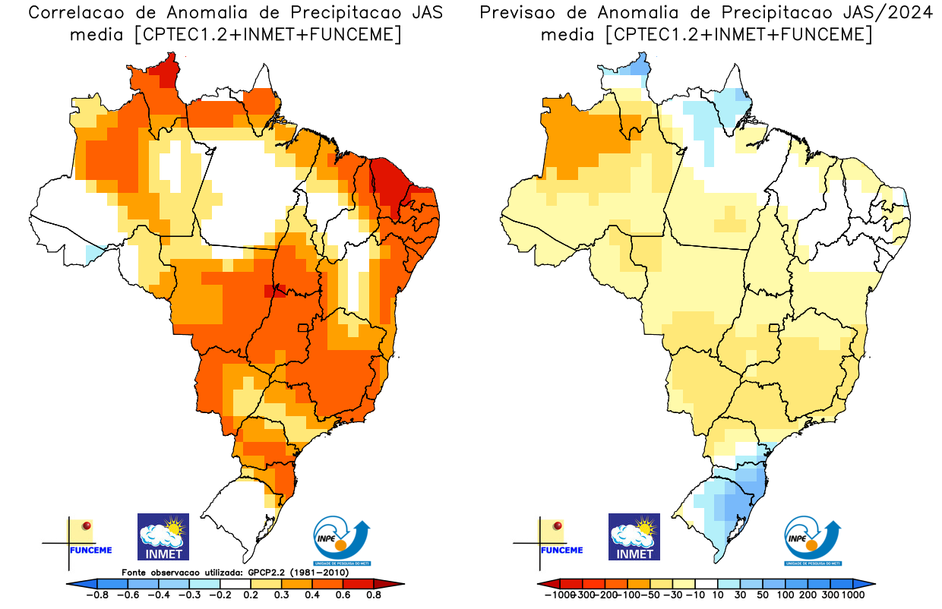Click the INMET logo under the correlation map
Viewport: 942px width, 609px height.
click(x=163, y=537)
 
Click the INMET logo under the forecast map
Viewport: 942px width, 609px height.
click(x=634, y=537)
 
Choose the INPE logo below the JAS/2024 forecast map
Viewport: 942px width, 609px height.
click(x=812, y=541)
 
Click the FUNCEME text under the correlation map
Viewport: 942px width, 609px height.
click(x=90, y=550)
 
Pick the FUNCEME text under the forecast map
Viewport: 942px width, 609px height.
click(x=561, y=550)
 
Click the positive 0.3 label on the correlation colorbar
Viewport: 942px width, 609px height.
click(x=282, y=595)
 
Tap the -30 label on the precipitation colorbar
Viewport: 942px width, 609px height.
click(x=672, y=595)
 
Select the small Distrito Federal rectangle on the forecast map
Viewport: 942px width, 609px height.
click(x=775, y=328)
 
